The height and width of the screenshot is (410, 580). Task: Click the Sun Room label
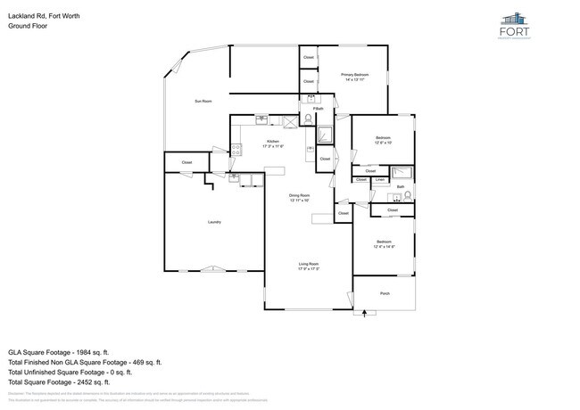click(203, 102)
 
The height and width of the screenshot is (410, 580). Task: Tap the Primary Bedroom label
click(355, 75)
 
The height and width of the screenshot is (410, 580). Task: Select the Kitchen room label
click(272, 141)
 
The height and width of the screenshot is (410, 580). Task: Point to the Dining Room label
click(299, 195)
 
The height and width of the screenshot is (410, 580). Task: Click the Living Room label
click(308, 265)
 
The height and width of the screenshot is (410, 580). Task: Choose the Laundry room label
click(214, 222)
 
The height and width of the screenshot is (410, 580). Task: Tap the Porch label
click(385, 293)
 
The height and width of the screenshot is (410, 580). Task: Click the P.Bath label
click(317, 109)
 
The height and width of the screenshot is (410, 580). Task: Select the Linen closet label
click(380, 180)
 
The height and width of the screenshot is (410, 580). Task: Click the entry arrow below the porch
click(364, 313)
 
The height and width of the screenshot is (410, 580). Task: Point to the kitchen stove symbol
click(236, 151)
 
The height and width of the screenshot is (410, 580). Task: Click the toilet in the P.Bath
click(309, 118)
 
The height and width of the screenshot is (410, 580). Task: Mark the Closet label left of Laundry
click(187, 162)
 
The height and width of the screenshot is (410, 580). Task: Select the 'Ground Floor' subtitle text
click(27, 26)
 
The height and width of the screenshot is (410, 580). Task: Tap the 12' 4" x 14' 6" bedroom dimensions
click(384, 247)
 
